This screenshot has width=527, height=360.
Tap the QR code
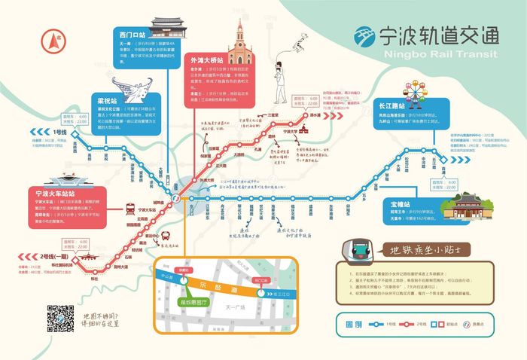pos(60,319)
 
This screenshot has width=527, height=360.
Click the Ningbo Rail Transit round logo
pos(368,37)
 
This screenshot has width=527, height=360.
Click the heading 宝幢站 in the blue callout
pos(395,204)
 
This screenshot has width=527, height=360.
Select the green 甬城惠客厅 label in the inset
pos(184,297)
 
